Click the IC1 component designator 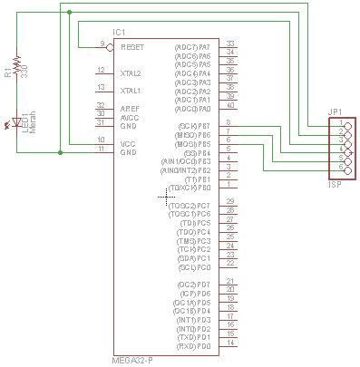[x=118, y=33]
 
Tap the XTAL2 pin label [x=131, y=72]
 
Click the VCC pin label [x=128, y=142]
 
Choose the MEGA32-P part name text [x=132, y=360]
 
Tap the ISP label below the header [x=335, y=183]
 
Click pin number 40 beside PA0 [x=230, y=108]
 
